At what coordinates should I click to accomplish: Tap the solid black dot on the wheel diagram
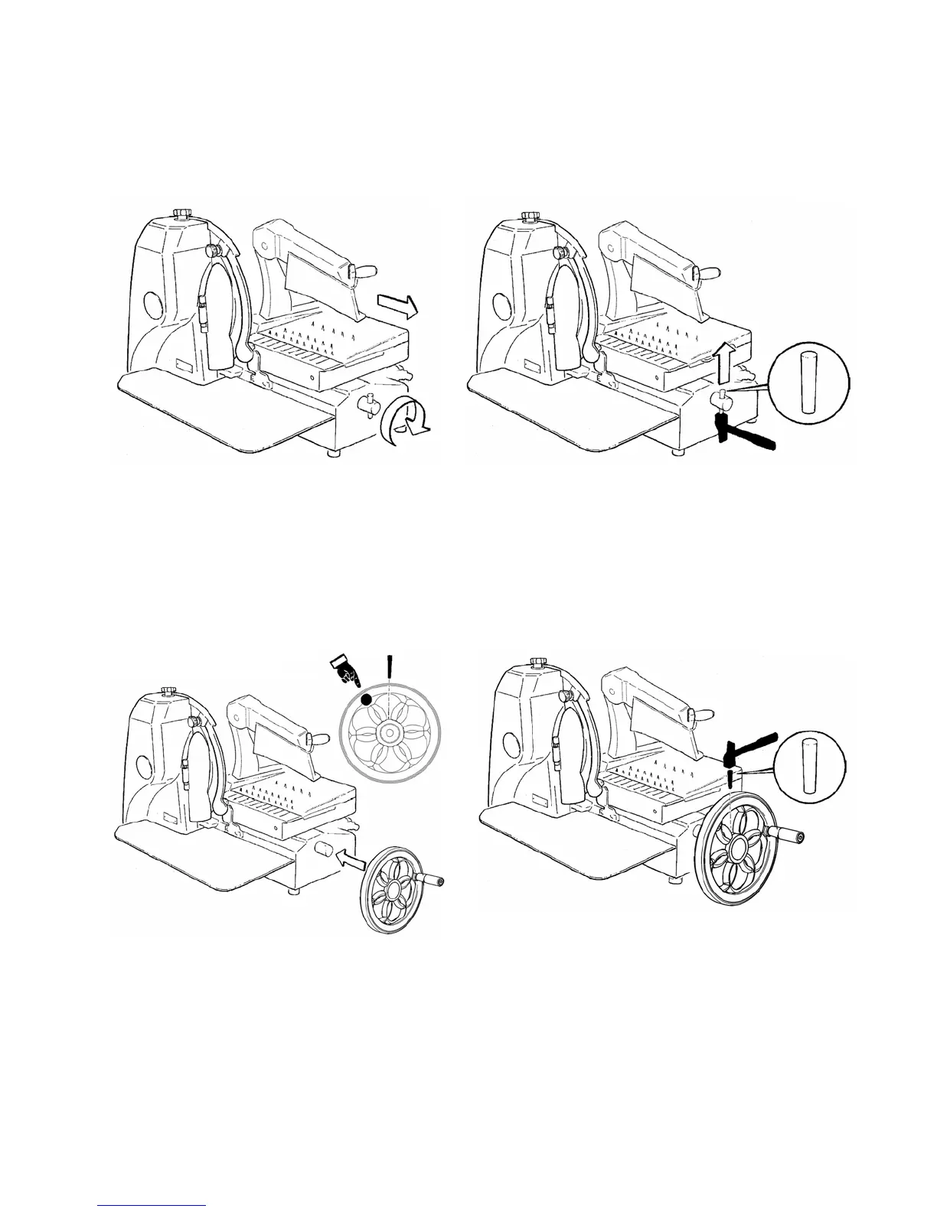pos(367,699)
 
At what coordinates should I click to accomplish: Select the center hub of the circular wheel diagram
pos(390,733)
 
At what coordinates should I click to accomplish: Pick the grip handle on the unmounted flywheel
pos(432,882)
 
